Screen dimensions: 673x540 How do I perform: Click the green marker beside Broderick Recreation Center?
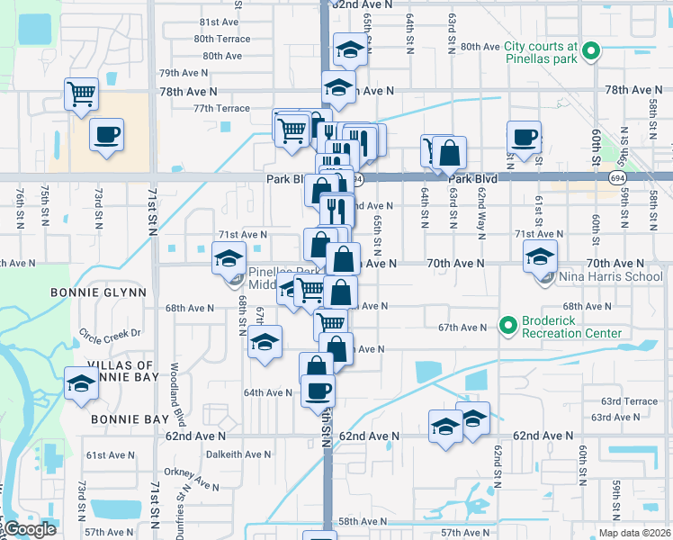pyautogui.click(x=507, y=324)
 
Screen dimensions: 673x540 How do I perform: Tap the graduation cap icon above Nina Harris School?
pyautogui.click(x=540, y=256)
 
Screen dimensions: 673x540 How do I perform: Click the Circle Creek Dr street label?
pyautogui.click(x=111, y=333)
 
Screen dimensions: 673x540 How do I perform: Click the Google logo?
pyautogui.click(x=29, y=530)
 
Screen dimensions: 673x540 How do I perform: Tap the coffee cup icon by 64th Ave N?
pyautogui.click(x=318, y=391)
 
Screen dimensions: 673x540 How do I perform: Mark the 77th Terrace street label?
pyautogui.click(x=220, y=108)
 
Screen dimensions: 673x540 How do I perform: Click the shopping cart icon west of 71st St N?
pyautogui.click(x=81, y=93)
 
